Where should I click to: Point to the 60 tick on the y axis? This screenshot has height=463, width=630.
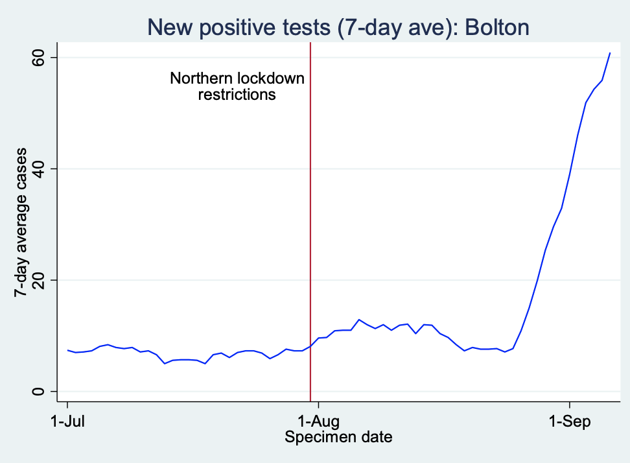point(40,58)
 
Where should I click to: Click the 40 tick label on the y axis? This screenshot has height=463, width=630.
point(40,169)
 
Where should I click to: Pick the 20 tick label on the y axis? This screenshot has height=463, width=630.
point(40,280)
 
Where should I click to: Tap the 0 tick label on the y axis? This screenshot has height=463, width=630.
point(40,391)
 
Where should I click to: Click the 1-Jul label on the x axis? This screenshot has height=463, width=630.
point(68,421)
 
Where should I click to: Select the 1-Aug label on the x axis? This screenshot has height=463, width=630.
point(318,421)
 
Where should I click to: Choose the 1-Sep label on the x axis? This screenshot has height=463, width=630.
point(569,421)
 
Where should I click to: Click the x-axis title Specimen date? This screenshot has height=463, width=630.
point(338,437)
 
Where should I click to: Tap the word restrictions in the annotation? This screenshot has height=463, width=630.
point(237,94)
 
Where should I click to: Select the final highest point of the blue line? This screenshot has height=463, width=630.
point(610,53)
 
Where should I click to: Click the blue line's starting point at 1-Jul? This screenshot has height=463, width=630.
point(68,350)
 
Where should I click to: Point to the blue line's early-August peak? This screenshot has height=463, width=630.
point(359,320)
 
